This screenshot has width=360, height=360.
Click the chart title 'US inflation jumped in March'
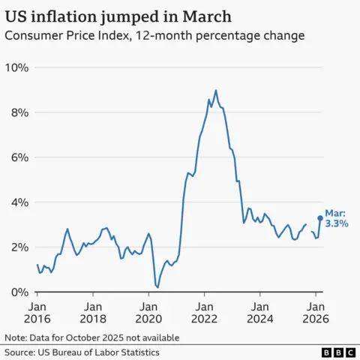tap(118, 16)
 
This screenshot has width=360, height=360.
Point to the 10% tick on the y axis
tap(16, 67)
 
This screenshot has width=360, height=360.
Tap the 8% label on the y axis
tap(19, 112)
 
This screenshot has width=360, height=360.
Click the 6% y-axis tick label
tap(19, 157)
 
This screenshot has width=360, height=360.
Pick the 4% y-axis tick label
tap(19, 202)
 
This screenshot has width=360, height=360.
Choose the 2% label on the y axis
tap(19, 247)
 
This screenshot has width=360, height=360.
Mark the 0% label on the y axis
tap(19, 292)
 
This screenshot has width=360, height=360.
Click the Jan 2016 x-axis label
tap(37, 313)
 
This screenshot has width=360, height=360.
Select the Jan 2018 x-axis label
tap(93, 313)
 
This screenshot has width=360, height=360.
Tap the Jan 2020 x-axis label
tap(148, 313)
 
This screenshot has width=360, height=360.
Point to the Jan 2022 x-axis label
tap(204, 313)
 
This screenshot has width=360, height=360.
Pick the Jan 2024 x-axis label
tap(259, 313)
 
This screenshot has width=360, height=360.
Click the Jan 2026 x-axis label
tap(315, 313)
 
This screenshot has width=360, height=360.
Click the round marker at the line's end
tap(320, 218)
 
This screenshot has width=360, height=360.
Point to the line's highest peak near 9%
tap(216, 91)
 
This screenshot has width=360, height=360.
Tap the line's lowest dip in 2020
tap(157, 287)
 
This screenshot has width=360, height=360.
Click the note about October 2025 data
tap(91, 337)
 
